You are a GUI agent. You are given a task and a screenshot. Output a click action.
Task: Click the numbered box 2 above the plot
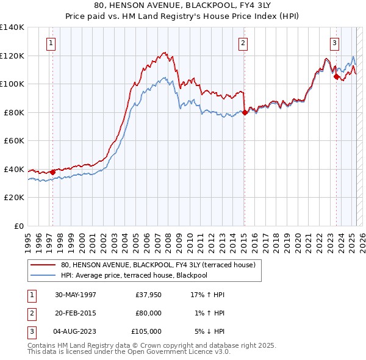click(x=243, y=43)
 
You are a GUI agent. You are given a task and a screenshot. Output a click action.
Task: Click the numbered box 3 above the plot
click(x=335, y=43)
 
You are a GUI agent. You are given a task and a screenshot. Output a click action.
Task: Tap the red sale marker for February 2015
click(x=245, y=112)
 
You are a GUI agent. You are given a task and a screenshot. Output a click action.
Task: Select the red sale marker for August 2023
click(x=336, y=77)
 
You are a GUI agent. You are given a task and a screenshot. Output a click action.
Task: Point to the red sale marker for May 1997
click(x=52, y=172)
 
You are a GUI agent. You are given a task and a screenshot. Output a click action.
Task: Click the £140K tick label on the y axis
click(x=12, y=27)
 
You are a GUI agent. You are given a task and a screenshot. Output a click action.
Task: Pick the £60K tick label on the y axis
click(x=14, y=140)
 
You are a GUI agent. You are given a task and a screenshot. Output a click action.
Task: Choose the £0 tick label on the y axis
click(x=19, y=226)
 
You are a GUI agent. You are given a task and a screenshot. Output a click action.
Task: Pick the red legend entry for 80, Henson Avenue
click(x=162, y=264)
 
